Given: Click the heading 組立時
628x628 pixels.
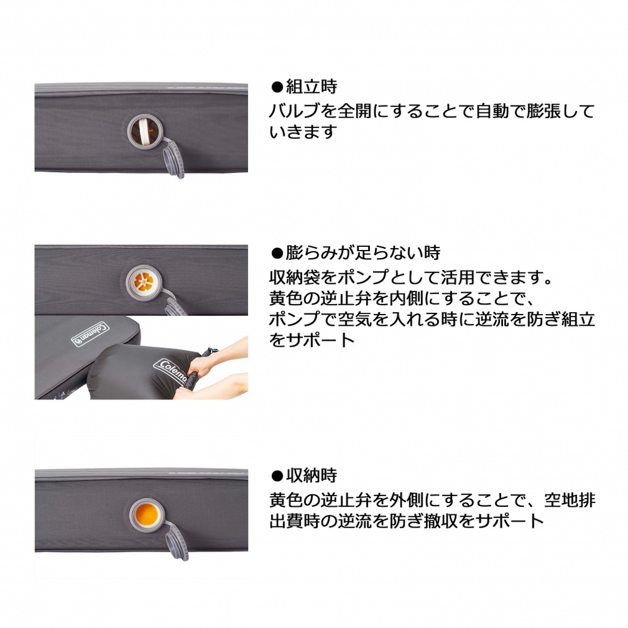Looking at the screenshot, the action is [x=311, y=87].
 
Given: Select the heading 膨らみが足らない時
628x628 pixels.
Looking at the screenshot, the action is [x=363, y=252].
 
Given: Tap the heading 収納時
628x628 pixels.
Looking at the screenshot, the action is [x=311, y=475].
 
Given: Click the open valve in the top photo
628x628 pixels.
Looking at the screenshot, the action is [x=144, y=131].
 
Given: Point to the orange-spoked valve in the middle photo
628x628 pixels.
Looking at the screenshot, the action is [x=144, y=282].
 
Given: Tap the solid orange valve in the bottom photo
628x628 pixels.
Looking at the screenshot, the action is [x=147, y=515].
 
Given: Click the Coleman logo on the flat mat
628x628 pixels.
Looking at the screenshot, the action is [x=90, y=334].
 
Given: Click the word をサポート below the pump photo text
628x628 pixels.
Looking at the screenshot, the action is [x=312, y=340].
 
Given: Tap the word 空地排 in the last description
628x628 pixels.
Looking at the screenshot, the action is [x=570, y=500].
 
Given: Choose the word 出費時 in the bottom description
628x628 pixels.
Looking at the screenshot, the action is [x=295, y=521].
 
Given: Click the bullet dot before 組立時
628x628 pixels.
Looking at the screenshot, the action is [x=277, y=87].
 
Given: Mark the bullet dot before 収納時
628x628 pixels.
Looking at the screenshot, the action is [x=277, y=476].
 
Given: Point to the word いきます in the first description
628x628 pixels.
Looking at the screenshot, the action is [x=302, y=132].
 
